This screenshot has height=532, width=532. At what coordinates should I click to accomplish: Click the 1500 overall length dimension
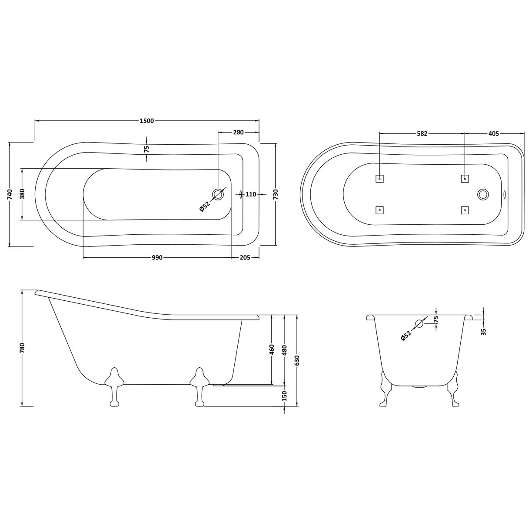click(x=147, y=121)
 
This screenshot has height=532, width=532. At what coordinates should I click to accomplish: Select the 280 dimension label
click(x=238, y=132)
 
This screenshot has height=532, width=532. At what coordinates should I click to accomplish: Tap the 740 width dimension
click(x=10, y=194)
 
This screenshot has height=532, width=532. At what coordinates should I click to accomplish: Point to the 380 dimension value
click(x=22, y=194)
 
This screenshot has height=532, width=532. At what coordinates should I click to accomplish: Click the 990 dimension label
click(x=156, y=258)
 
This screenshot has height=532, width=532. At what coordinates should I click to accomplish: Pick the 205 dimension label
click(x=245, y=258)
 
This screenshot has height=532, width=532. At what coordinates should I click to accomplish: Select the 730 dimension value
click(x=275, y=194)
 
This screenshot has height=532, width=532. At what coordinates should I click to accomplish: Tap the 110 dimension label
click(x=251, y=194)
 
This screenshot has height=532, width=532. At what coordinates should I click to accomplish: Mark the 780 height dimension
click(x=22, y=348)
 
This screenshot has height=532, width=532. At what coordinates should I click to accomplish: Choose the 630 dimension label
click(x=297, y=360)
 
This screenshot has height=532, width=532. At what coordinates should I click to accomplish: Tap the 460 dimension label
click(x=272, y=349)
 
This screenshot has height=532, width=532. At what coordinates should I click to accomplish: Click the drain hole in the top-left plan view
click(x=218, y=194)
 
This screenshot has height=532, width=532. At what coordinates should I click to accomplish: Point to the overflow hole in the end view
click(x=419, y=323)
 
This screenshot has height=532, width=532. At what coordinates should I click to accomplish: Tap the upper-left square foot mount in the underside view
click(x=379, y=178)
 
